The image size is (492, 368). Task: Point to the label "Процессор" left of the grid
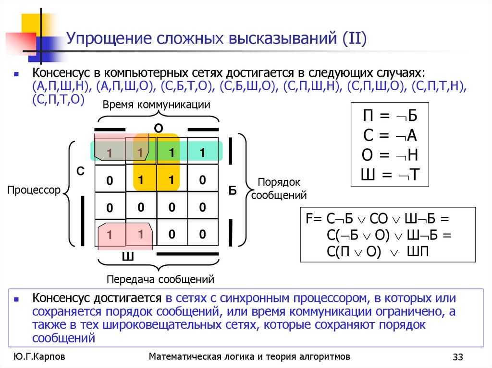[x=34, y=190]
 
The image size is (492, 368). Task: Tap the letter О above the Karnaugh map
[x=158, y=128]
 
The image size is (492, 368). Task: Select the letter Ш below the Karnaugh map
[x=127, y=257]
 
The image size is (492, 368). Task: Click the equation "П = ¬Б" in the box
[x=390, y=117]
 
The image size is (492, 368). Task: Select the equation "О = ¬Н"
[x=390, y=156]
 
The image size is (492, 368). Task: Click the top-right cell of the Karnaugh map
[x=202, y=153]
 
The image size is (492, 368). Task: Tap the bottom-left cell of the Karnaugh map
[x=110, y=235]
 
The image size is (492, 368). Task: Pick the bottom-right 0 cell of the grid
[x=202, y=235]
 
